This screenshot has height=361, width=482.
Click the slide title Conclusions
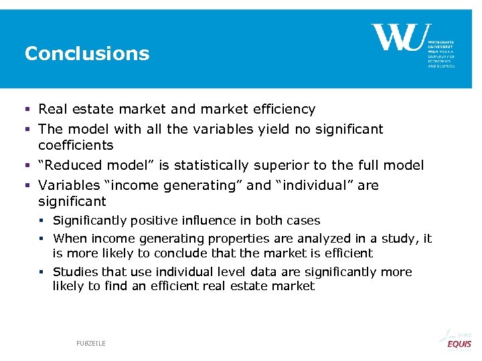click(87, 53)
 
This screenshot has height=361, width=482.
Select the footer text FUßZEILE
click(90, 343)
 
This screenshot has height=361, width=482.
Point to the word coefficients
click(76, 145)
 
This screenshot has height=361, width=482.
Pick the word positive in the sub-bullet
click(155, 221)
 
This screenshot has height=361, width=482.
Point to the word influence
click(208, 221)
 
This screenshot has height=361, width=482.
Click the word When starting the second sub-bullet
click(70, 239)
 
